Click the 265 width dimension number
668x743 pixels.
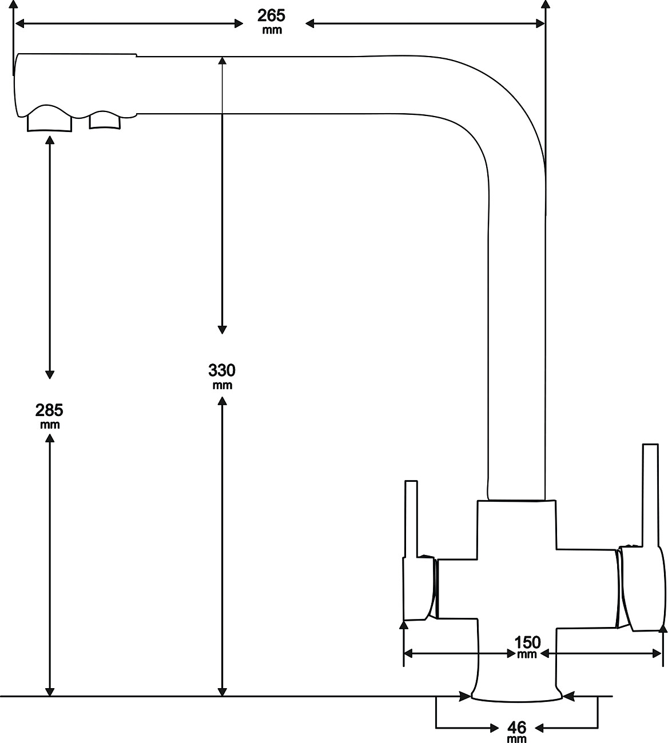point(271,15)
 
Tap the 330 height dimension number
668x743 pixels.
point(222,370)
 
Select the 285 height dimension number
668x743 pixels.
point(50,410)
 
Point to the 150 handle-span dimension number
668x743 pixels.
point(527,642)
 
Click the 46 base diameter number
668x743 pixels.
point(517,728)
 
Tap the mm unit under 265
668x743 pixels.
point(272,30)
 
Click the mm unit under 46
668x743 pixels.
point(516,739)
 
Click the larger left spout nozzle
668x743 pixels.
point(50,121)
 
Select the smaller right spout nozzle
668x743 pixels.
point(105,121)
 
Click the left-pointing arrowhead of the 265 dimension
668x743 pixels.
point(19,23)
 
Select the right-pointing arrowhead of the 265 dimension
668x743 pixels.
point(539,23)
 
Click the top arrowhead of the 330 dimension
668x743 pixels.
point(222,61)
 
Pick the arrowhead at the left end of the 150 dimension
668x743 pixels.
point(409,653)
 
